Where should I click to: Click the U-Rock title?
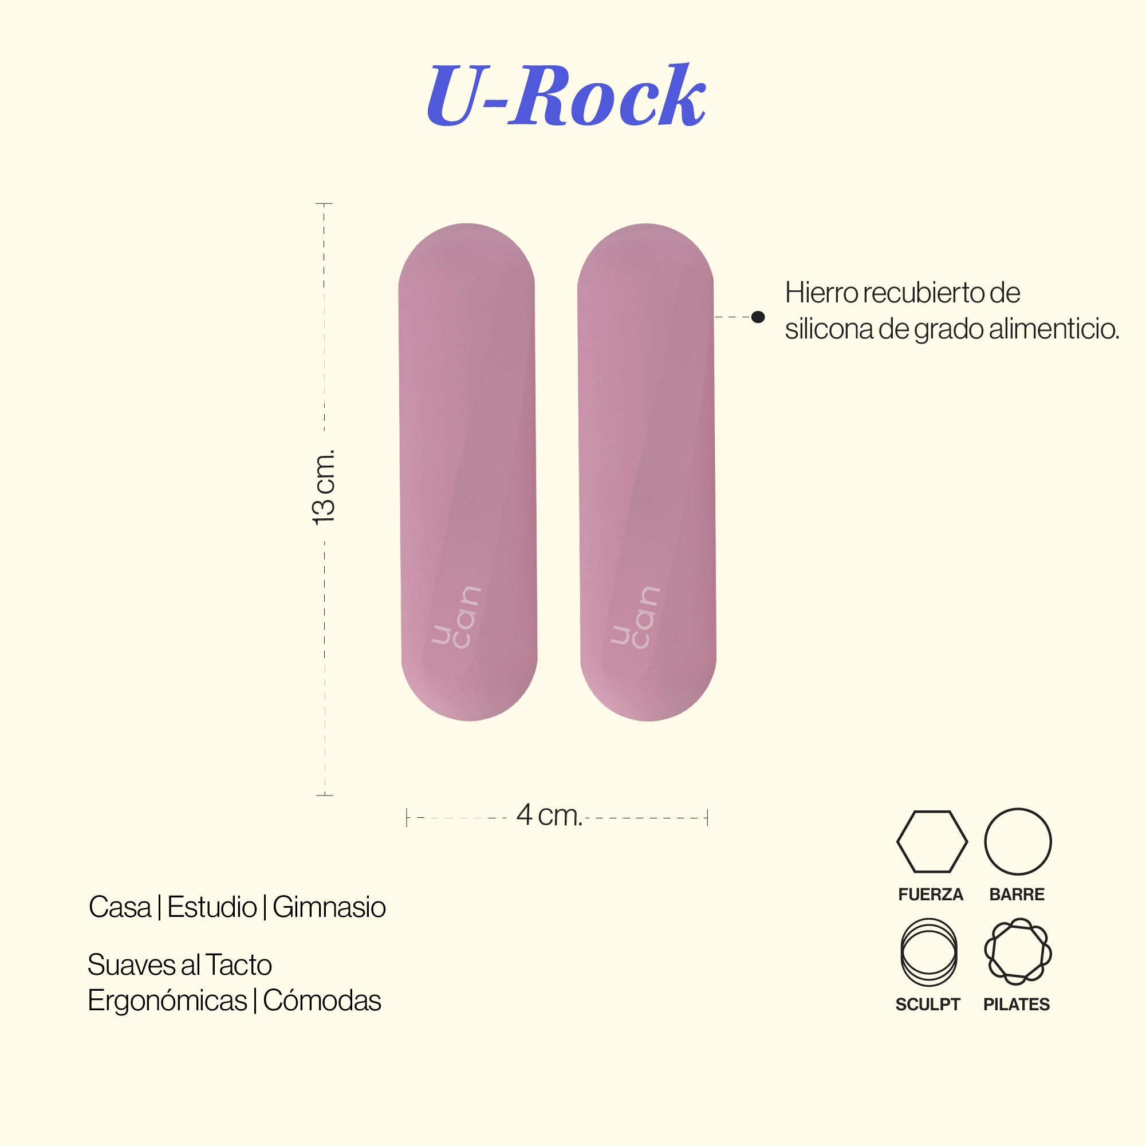pyautogui.click(x=566, y=96)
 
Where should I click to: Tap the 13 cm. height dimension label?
pyautogui.click(x=324, y=487)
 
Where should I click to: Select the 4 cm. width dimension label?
pyautogui.click(x=549, y=815)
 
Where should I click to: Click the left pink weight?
pyautogui.click(x=468, y=472)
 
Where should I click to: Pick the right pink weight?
pyautogui.click(x=647, y=472)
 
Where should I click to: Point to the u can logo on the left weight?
pyautogui.click(x=455, y=617)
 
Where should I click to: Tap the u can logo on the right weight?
pyautogui.click(x=635, y=617)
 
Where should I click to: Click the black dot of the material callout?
pyautogui.click(x=758, y=317)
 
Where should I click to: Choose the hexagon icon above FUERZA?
pyautogui.click(x=932, y=842)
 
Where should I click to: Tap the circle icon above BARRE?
pyautogui.click(x=1018, y=842)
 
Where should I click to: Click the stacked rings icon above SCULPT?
pyautogui.click(x=929, y=952)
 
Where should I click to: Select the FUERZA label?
pyautogui.click(x=931, y=895)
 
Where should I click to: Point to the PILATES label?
pyautogui.click(x=1017, y=1004)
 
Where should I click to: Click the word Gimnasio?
pyautogui.click(x=329, y=908)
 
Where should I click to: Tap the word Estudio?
pyautogui.click(x=212, y=908)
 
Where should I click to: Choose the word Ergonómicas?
pyautogui.click(x=167, y=1001)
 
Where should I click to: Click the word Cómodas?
pyautogui.click(x=322, y=1001)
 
